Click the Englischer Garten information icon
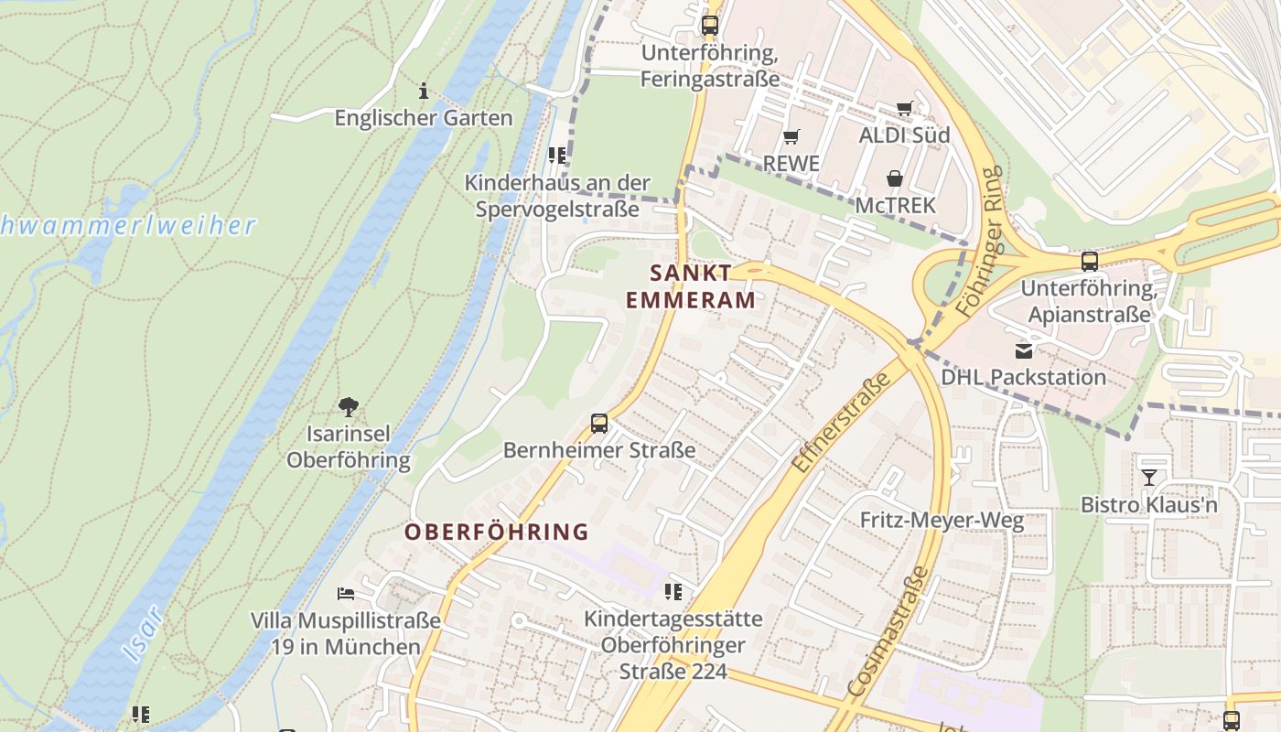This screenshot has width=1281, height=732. click(x=424, y=91)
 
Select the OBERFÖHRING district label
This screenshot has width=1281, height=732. click(x=497, y=532)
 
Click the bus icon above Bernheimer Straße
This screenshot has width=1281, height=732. click(x=599, y=424)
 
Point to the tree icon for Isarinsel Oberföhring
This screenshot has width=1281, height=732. click(x=348, y=406)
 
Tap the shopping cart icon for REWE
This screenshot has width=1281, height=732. click(x=791, y=136)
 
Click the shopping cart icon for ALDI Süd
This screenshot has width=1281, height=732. click(x=905, y=108)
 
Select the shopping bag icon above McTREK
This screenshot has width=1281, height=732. click(x=895, y=178)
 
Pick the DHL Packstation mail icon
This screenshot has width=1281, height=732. click(x=1023, y=350)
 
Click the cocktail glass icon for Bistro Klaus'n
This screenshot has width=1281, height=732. click(x=1149, y=477)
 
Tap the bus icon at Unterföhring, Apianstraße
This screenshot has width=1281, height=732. click(x=1089, y=261)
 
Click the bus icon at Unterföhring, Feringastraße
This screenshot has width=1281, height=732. click(x=709, y=25)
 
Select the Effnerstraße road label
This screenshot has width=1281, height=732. click(x=841, y=423)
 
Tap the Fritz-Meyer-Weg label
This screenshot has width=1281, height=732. click(x=942, y=521)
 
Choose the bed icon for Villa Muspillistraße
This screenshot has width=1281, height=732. click(x=346, y=593)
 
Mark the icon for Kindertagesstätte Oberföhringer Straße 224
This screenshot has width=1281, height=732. click(x=673, y=591)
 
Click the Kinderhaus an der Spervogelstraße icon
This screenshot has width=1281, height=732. click(x=557, y=155)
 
